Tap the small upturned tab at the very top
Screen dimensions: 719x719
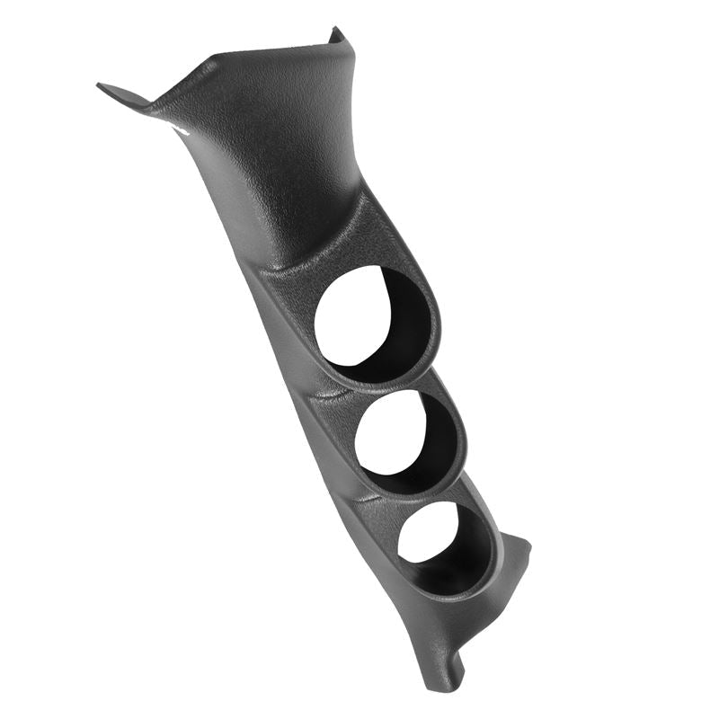tap(337, 36)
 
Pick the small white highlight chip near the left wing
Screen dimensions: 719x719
tap(182, 131)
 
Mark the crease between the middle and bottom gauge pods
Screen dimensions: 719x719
tap(377, 497)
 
